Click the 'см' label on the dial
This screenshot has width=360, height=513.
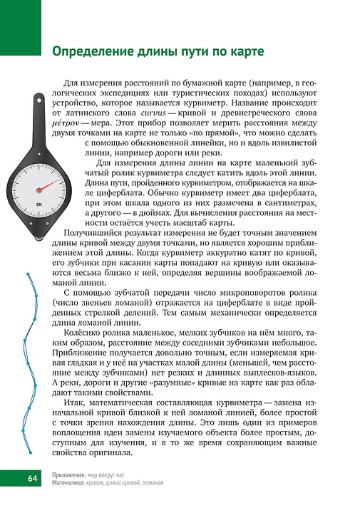point(38,208)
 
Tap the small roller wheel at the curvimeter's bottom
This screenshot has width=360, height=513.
point(46,239)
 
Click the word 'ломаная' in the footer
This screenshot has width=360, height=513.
point(150,482)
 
